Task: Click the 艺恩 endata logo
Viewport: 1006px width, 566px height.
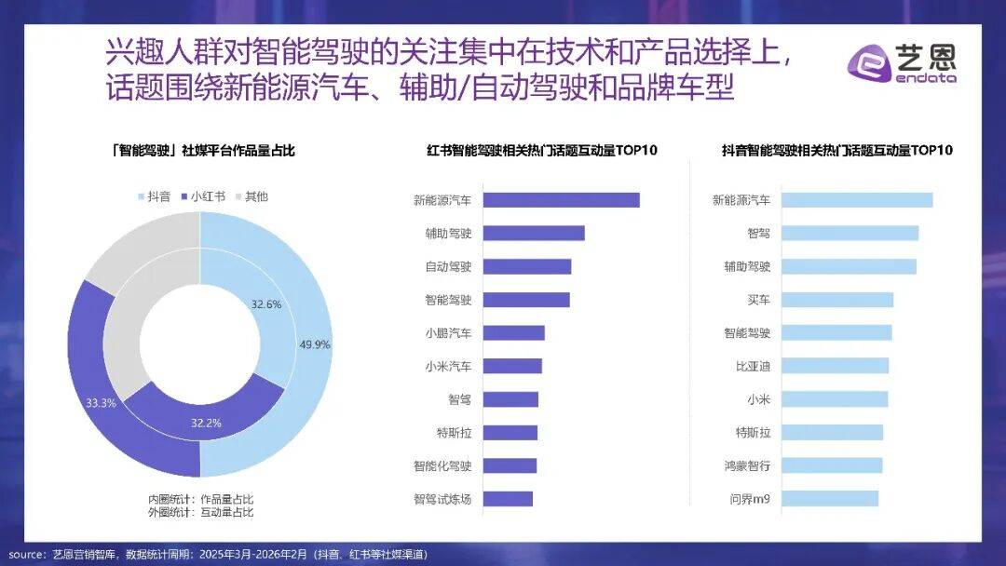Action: pyautogui.click(x=900, y=64)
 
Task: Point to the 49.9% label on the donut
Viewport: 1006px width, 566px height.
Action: pyautogui.click(x=315, y=344)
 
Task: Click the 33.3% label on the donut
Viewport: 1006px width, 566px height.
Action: pyautogui.click(x=100, y=403)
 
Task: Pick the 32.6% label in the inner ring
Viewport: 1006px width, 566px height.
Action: pyautogui.click(x=266, y=303)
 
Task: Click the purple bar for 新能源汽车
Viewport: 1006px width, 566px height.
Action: pyautogui.click(x=562, y=200)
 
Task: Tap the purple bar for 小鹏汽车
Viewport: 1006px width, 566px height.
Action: pyautogui.click(x=514, y=333)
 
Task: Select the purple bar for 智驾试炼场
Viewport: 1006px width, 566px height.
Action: pyautogui.click(x=509, y=499)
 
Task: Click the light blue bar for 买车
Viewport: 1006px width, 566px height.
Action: pyautogui.click(x=836, y=300)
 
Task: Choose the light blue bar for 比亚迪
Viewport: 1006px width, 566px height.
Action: pyautogui.click(x=835, y=366)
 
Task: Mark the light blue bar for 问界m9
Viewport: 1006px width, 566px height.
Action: pyautogui.click(x=829, y=499)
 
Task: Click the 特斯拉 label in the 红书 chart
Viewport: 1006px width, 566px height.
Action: pyautogui.click(x=454, y=433)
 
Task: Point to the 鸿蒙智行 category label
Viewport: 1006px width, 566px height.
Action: pyautogui.click(x=747, y=465)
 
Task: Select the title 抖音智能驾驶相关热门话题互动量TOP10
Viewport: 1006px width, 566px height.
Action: pyautogui.click(x=836, y=150)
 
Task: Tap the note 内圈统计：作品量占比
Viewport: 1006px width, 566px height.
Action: pyautogui.click(x=200, y=498)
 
